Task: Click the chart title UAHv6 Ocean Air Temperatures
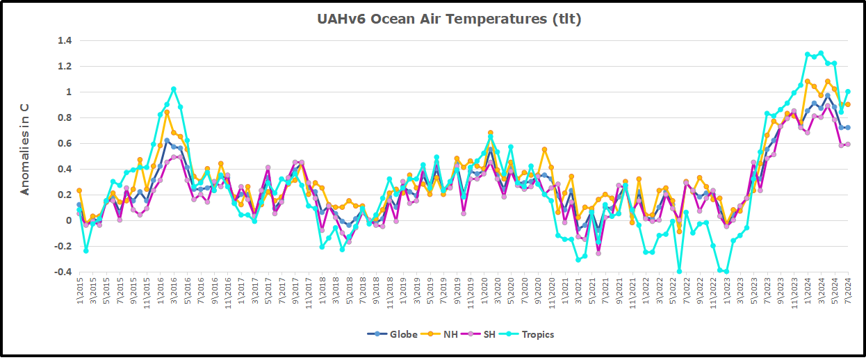pos(449,19)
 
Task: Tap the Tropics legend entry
pos(534,334)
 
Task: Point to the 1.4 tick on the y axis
pos(65,41)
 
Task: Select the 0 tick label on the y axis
pos(69,221)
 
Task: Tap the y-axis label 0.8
pos(65,118)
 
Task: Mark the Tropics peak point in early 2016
pos(174,89)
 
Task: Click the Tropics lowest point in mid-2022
pos(679,272)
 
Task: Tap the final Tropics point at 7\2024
pos(848,92)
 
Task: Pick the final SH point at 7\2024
pos(848,145)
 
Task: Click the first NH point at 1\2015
pos(79,190)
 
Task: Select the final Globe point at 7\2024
pos(848,128)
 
